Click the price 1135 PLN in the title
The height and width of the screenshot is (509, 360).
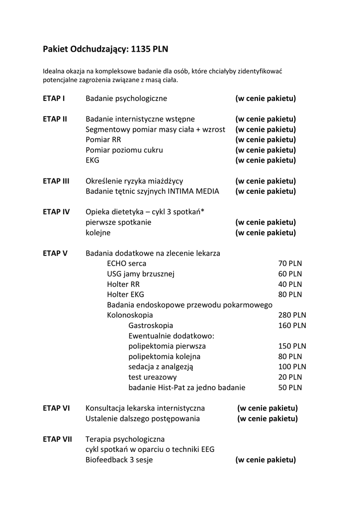tap(150, 49)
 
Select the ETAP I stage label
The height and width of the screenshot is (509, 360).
tap(54, 98)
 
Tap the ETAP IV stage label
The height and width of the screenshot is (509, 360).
tap(56, 212)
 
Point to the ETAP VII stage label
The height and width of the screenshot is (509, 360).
tap(58, 439)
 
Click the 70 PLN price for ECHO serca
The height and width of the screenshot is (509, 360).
tap(290, 263)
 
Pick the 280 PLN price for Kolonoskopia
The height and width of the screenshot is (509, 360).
tap(292, 315)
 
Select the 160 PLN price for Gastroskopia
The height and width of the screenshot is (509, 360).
tap(292, 326)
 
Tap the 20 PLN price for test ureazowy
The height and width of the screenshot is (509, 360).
tap(290, 377)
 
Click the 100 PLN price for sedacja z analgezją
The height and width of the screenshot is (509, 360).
tap(292, 367)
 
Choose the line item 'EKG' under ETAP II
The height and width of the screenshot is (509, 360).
tap(92, 161)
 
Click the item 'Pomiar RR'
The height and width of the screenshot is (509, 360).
tap(103, 140)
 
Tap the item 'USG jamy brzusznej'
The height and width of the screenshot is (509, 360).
tap(141, 274)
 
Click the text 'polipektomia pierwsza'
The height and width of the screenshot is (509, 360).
tap(167, 346)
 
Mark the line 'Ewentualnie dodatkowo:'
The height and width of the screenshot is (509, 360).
tap(171, 336)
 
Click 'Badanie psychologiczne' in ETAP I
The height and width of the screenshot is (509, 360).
tap(126, 98)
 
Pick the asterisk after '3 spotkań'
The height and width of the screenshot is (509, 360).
tap(203, 211)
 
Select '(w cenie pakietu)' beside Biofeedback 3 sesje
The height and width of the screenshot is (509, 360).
tap(266, 460)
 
